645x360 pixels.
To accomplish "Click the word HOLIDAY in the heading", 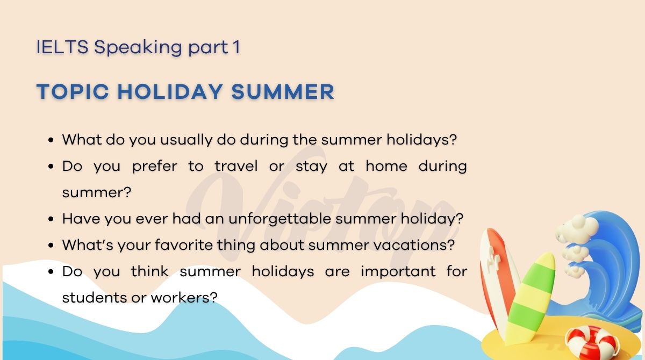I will coord(170,92).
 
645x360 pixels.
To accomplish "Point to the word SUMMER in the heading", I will coord(283,92).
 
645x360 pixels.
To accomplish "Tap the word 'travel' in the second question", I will coord(236,166).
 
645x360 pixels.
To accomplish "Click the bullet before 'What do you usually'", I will coord(51,140).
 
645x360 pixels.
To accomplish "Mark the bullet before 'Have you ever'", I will coord(51,219).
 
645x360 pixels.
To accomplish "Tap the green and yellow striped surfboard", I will coord(529,296).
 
